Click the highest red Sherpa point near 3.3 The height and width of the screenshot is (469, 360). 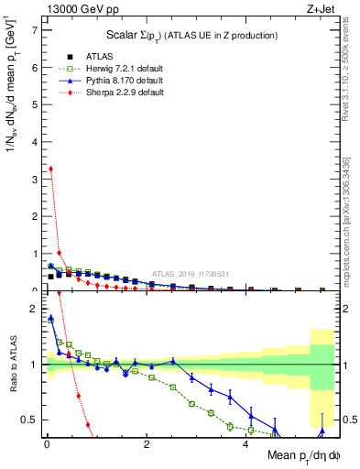(x=50, y=169)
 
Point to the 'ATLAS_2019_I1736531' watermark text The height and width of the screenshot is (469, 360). (x=191, y=273)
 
